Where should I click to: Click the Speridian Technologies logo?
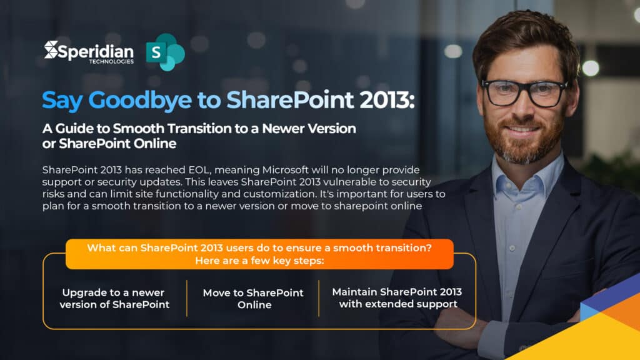point(89,51)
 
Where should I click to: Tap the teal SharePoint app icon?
point(165,52)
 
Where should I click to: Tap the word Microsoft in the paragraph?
point(318,170)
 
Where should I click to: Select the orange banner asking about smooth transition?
point(259,254)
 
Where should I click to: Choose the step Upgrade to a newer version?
point(114,299)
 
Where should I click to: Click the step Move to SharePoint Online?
point(253,299)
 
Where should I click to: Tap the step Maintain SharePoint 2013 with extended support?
point(397,298)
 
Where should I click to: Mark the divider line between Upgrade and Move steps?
point(187,298)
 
